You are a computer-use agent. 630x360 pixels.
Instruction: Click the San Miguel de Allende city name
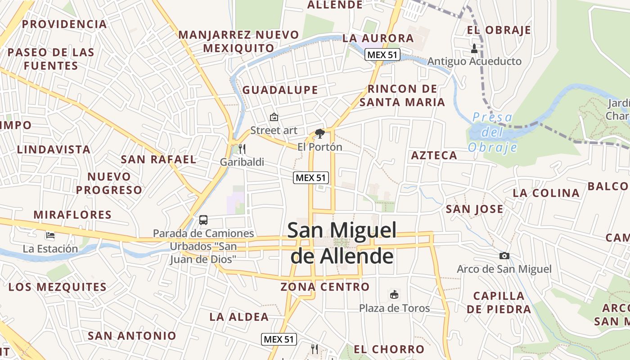(x=342, y=243)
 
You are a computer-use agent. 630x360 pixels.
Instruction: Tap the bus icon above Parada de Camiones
(x=203, y=220)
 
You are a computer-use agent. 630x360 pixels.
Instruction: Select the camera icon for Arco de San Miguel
(x=504, y=256)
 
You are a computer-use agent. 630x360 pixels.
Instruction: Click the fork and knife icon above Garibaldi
(x=242, y=149)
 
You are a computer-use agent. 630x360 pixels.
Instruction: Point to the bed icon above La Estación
(x=50, y=235)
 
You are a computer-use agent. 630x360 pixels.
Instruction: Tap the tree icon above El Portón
(x=320, y=134)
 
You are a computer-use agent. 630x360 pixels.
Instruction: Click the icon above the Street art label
(x=274, y=117)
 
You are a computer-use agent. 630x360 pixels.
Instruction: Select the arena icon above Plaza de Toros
(x=394, y=295)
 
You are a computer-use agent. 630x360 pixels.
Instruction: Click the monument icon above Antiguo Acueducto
(x=474, y=48)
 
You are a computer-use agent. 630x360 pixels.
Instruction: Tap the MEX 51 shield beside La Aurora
(x=382, y=55)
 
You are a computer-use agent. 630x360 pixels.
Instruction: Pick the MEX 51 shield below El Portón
(x=311, y=178)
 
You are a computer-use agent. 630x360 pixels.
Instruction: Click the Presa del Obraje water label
(x=492, y=132)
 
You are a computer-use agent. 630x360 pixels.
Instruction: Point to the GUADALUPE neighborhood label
(x=280, y=90)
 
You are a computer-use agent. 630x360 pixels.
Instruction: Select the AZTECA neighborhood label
(x=434, y=156)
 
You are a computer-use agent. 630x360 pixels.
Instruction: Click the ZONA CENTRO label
(x=325, y=287)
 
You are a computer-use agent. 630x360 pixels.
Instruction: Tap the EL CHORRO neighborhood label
(x=389, y=349)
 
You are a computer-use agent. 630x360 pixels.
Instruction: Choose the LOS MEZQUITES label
(x=58, y=287)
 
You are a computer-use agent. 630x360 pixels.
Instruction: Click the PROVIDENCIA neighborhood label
(x=64, y=24)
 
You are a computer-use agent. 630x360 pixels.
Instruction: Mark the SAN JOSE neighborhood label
(x=474, y=209)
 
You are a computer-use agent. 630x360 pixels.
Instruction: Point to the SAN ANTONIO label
(x=132, y=336)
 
